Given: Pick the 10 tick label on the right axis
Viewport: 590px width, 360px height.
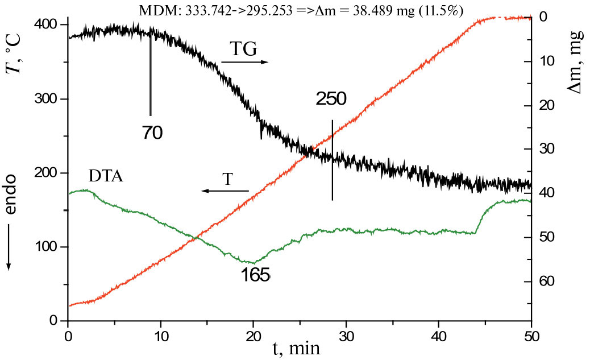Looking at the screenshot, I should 548,61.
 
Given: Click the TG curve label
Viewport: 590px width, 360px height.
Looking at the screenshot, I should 244,49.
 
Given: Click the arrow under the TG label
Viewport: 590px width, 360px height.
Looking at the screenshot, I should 244,61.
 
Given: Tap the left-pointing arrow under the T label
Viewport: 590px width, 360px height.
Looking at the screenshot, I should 225,191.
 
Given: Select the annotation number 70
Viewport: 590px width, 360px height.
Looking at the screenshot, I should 152,133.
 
